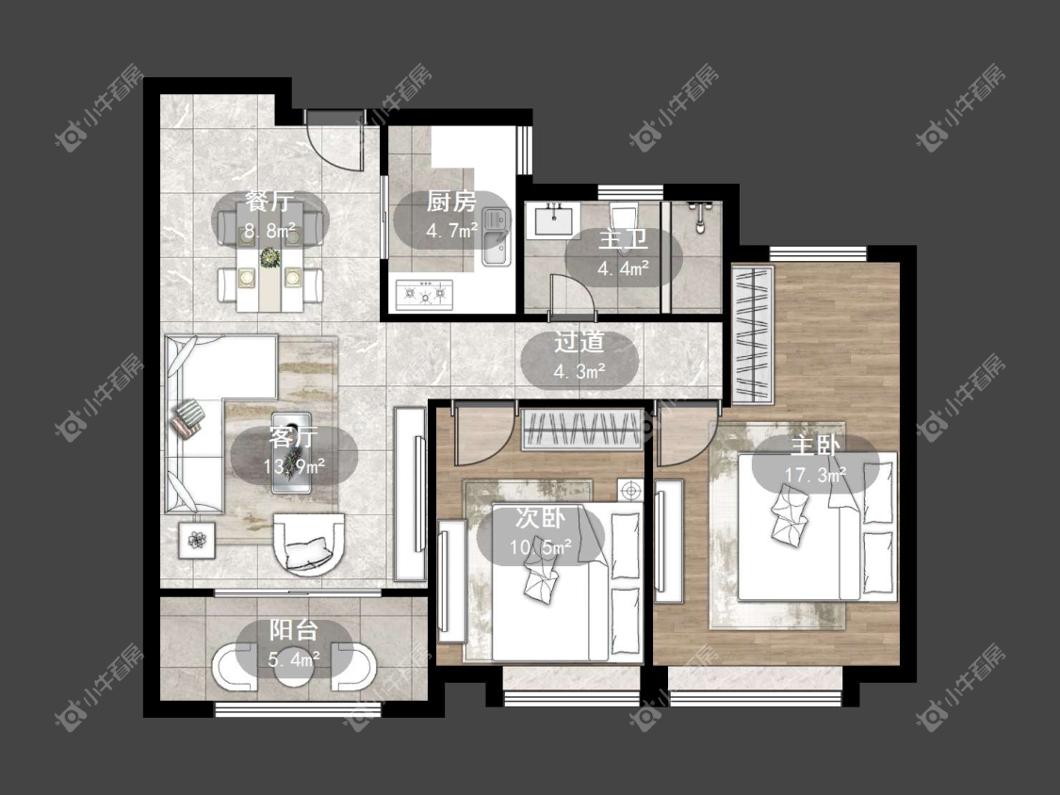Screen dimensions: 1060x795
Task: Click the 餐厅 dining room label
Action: pyautogui.click(x=269, y=201)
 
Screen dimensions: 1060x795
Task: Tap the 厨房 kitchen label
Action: pyautogui.click(x=451, y=201)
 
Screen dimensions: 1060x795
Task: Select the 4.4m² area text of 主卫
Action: pyautogui.click(x=624, y=269)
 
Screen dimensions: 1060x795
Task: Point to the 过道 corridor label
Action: pyautogui.click(x=579, y=342)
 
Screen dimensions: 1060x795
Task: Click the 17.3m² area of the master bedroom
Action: pyautogui.click(x=815, y=475)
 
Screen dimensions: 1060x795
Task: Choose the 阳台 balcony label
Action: pyautogui.click(x=294, y=630)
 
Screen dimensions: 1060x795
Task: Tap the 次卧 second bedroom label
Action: pyautogui.click(x=540, y=518)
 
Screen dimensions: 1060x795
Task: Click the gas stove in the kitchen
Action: pyautogui.click(x=425, y=294)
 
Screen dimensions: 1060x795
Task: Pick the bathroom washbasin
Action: pyautogui.click(x=554, y=219)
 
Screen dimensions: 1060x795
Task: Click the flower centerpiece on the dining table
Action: pyautogui.click(x=270, y=257)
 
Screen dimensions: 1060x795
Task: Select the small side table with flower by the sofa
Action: pyautogui.click(x=197, y=540)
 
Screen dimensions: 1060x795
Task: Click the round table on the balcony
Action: pyautogui.click(x=293, y=668)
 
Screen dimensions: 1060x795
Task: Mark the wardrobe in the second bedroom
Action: pyautogui.click(x=581, y=430)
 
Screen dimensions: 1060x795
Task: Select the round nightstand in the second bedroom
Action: pyautogui.click(x=631, y=490)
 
